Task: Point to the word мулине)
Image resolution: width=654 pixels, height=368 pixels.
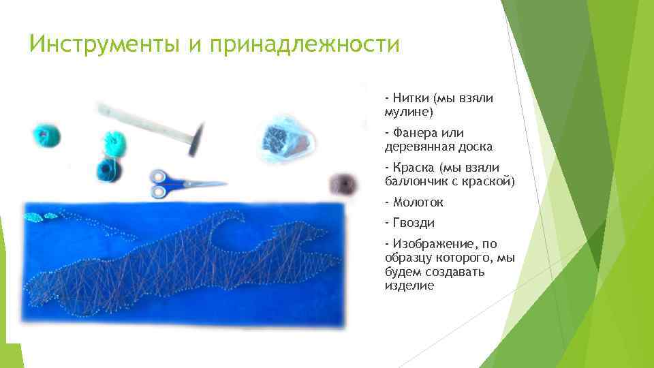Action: point(409,110)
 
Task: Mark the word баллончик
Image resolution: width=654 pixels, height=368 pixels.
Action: point(417,181)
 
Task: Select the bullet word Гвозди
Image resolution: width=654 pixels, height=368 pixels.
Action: point(413,223)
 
